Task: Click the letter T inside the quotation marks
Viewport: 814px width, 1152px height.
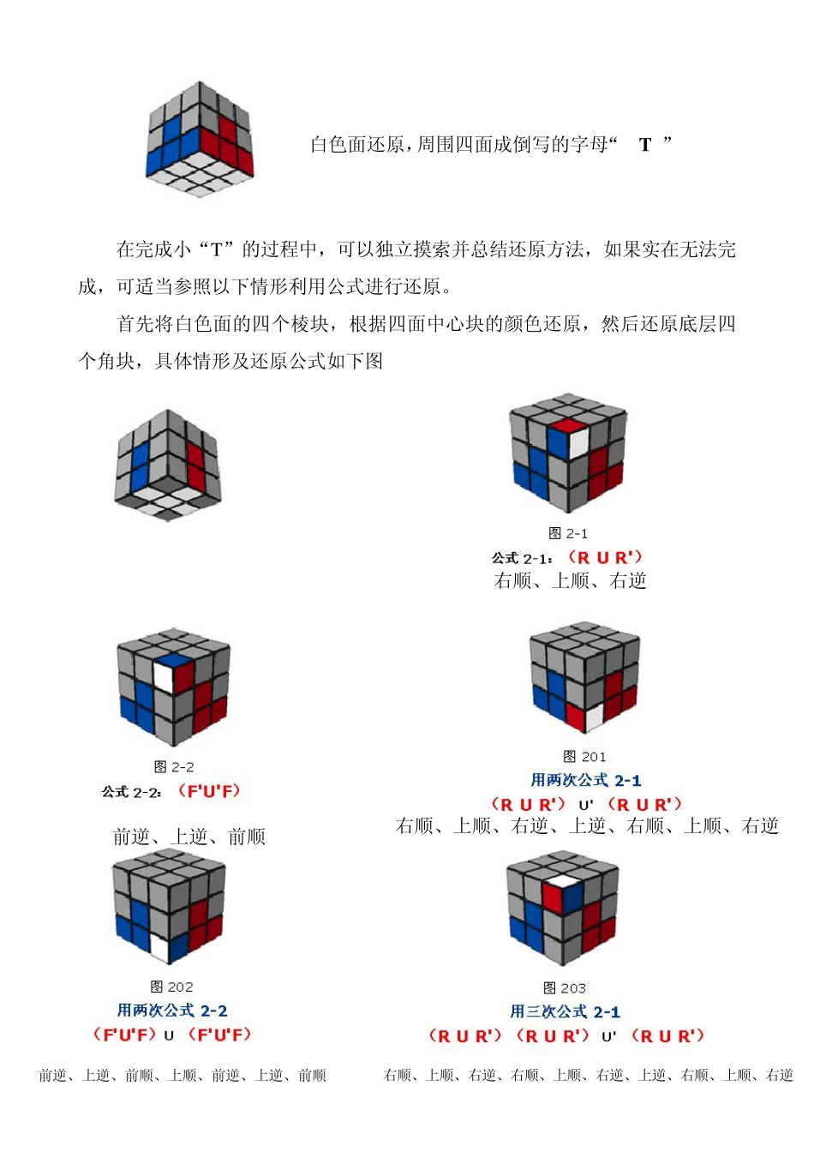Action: pos(645,145)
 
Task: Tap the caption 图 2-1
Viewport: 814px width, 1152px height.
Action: pos(568,533)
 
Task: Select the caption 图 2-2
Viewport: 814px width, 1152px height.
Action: pos(174,766)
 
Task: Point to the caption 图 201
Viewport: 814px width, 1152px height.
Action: pos(584,756)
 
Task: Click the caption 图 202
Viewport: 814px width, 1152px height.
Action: pos(171,987)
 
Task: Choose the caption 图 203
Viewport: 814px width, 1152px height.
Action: pos(565,987)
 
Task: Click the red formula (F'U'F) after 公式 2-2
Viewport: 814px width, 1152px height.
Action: pos(209,791)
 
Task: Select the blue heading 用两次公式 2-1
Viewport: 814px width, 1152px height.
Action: pos(586,780)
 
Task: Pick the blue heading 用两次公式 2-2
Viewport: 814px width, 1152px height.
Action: pos(172,1011)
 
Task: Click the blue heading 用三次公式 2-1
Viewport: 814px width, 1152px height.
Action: pos(565,1011)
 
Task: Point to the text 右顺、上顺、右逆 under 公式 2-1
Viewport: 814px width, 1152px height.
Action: pos(570,581)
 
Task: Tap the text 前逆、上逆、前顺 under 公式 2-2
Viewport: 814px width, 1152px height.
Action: pos(189,837)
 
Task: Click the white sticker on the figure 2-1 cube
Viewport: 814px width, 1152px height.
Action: pos(578,441)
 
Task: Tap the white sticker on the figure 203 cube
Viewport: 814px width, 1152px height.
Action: pos(560,880)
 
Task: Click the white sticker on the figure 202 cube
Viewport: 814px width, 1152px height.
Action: pos(159,948)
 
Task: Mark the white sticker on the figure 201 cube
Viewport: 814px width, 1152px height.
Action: pos(593,715)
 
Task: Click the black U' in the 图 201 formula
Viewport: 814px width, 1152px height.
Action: pos(586,805)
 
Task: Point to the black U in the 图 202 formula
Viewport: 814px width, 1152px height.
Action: pos(169,1035)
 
